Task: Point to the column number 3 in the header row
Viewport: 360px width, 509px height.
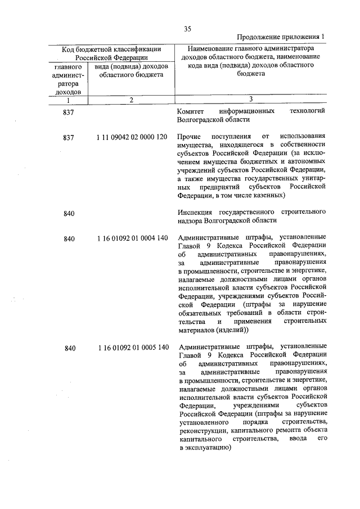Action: point(251,100)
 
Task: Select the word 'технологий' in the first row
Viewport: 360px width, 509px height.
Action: point(307,111)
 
